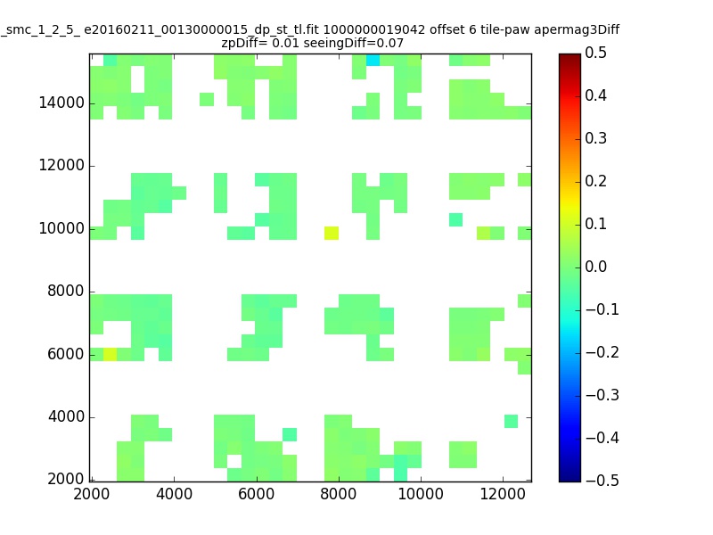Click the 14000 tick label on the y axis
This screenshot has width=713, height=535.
[x=61, y=103]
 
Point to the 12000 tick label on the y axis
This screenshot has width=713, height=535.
[x=61, y=165]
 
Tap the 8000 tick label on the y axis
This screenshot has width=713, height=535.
[x=66, y=292]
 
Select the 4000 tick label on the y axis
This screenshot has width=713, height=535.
[x=66, y=416]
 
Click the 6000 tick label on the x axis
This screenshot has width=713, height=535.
[x=256, y=494]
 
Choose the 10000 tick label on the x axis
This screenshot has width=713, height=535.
[x=421, y=494]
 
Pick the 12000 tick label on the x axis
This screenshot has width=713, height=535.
[x=503, y=494]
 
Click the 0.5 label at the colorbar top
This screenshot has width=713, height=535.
[x=595, y=53]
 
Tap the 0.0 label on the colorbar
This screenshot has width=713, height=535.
[x=595, y=267]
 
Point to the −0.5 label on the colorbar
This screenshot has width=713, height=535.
[x=602, y=481]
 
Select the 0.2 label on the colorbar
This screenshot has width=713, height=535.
[x=595, y=181]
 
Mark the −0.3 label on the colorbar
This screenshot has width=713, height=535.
[x=602, y=395]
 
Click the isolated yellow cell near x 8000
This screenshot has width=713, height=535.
[x=332, y=233]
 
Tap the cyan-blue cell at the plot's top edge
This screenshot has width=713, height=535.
[x=373, y=60]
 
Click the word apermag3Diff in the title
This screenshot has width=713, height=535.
[x=577, y=30]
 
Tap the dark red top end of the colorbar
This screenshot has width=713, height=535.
[x=570, y=56]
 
